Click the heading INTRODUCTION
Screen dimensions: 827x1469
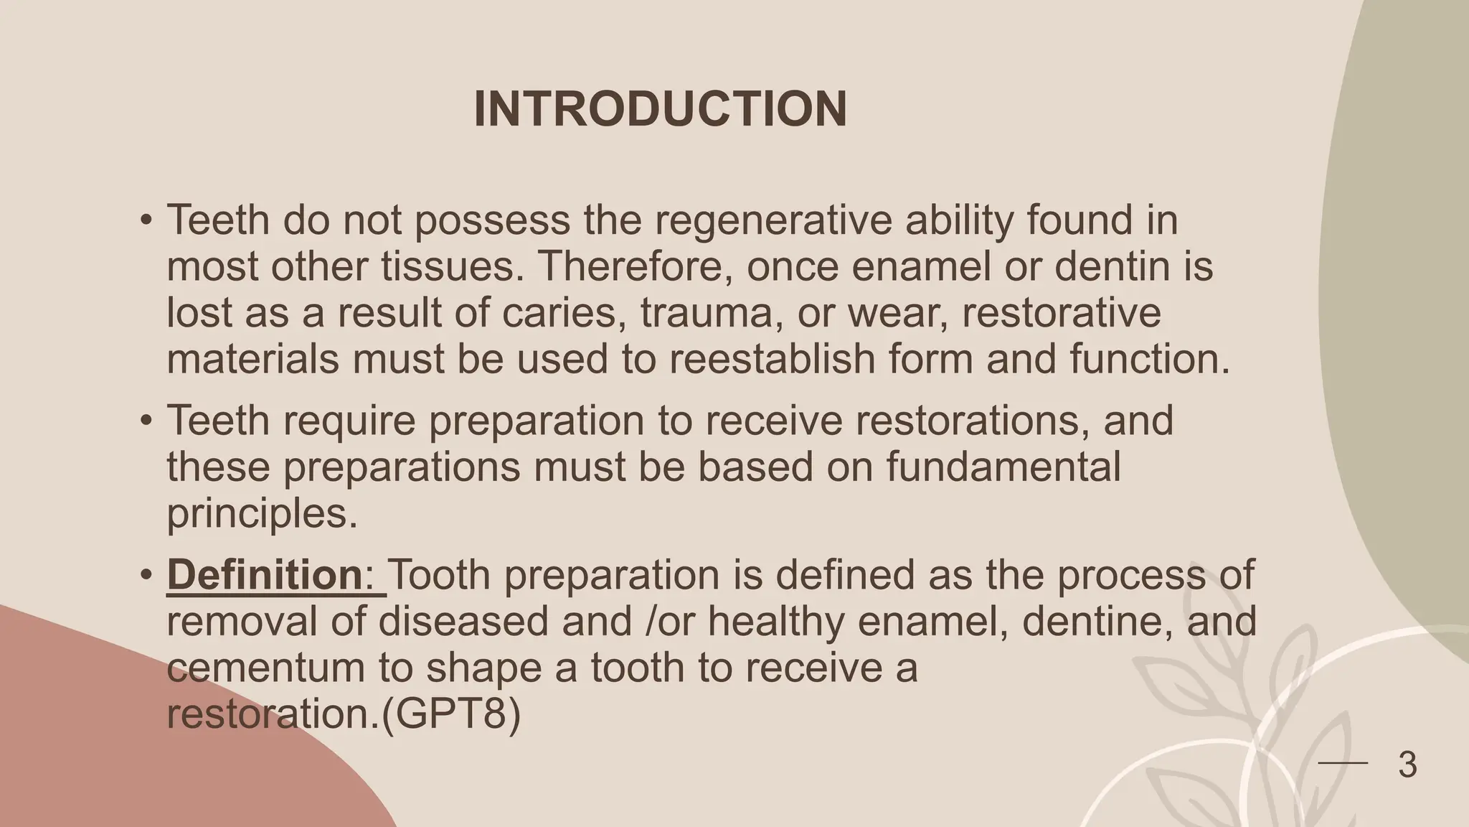point(661,109)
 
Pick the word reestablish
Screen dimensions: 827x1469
point(773,359)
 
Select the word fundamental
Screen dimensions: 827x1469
point(1003,467)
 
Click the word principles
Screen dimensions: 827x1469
point(262,513)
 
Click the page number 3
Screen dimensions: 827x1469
point(1407,765)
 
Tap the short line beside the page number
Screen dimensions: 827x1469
point(1343,763)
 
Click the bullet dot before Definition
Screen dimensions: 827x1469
point(146,576)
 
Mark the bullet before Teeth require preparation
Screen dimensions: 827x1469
point(146,421)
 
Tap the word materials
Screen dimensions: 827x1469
point(252,359)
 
